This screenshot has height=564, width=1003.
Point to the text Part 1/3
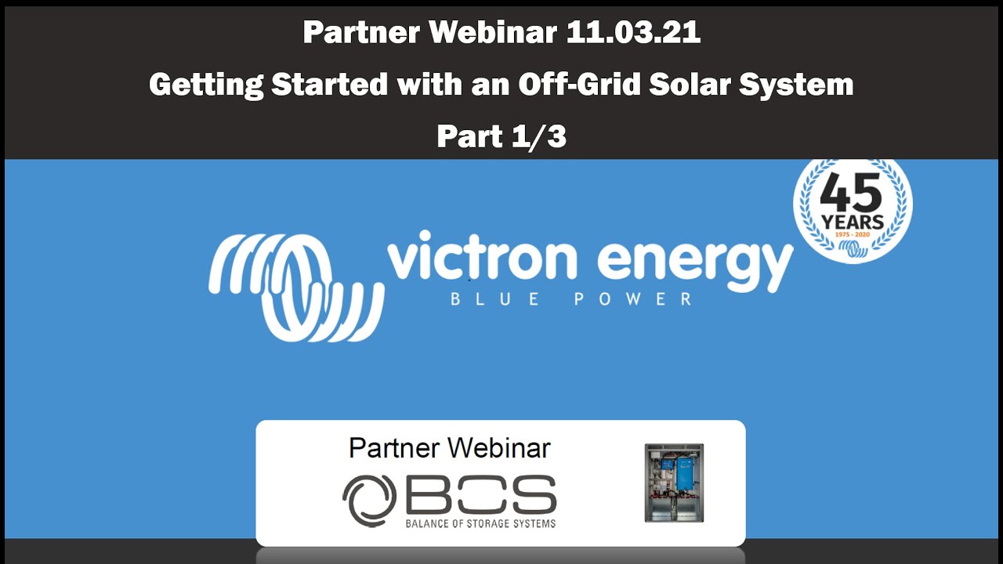coord(501,136)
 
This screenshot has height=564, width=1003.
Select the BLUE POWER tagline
coord(571,299)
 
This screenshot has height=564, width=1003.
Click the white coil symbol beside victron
coord(295,287)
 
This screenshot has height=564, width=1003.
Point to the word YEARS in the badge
coord(853,222)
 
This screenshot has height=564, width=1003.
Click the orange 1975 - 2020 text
coord(853,234)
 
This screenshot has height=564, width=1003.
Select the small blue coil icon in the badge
coord(853,248)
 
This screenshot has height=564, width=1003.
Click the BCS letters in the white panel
coord(480,496)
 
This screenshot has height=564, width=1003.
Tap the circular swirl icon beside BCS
coord(369,500)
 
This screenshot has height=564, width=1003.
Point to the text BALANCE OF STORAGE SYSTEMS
coord(480,523)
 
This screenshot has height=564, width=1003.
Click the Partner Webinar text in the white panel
coord(449,448)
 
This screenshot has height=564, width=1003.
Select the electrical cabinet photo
coord(674,483)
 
